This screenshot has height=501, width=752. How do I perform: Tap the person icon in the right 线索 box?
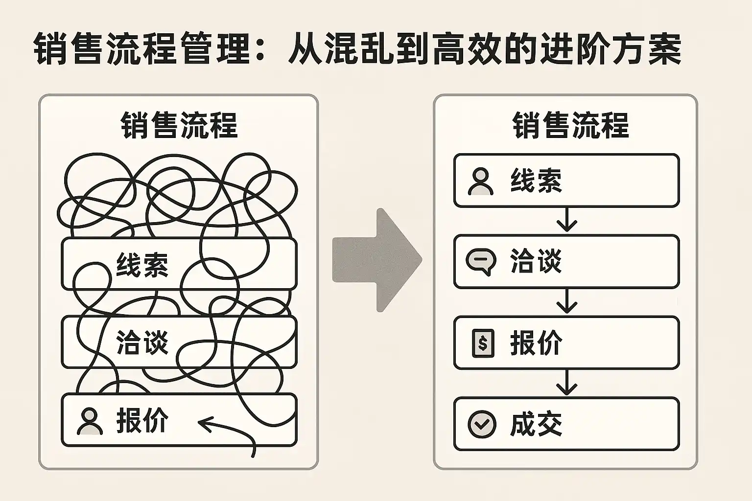[481, 182]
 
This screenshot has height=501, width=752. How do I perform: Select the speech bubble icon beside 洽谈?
[481, 262]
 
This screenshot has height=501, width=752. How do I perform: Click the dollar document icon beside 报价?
[482, 343]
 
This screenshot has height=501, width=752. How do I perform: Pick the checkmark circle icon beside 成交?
[482, 424]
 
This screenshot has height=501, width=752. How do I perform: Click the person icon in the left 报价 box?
[90, 422]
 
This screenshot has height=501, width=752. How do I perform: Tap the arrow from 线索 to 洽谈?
[566, 220]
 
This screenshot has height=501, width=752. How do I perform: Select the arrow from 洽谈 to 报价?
[566, 301]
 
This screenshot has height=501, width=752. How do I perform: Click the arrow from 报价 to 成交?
[566, 383]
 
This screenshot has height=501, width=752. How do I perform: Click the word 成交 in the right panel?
[536, 424]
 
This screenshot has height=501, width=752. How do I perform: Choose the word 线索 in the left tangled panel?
[142, 265]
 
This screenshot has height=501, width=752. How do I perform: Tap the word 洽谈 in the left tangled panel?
[142, 342]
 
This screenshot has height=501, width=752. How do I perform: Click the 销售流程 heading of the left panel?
[179, 125]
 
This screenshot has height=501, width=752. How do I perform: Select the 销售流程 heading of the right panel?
[570, 125]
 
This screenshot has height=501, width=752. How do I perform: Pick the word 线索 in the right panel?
[536, 182]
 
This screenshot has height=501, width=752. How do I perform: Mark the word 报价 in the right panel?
[536, 343]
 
